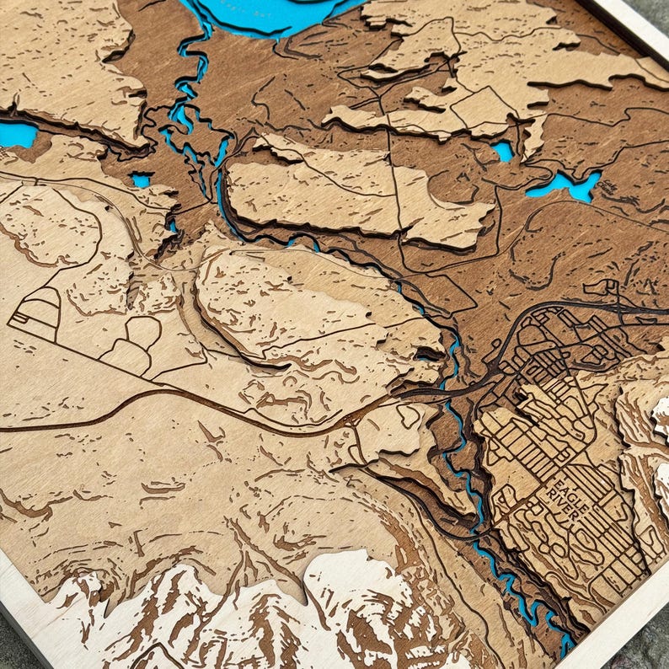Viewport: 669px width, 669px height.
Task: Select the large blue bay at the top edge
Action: click(x=270, y=14)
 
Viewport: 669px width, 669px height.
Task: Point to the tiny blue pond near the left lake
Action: click(x=141, y=180)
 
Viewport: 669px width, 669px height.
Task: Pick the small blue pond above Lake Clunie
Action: click(x=503, y=151)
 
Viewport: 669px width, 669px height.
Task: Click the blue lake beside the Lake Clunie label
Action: click(x=563, y=185)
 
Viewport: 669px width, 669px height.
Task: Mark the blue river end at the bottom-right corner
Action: click(x=565, y=645)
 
